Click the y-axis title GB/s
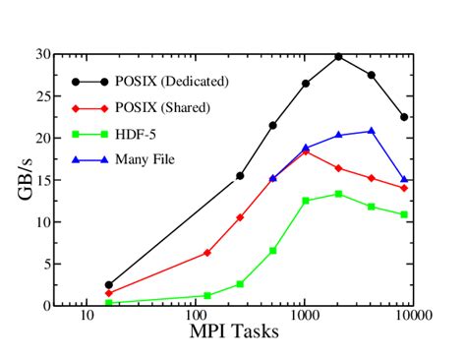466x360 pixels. [24, 179]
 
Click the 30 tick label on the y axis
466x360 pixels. [40, 55]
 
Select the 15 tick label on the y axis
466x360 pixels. [40, 180]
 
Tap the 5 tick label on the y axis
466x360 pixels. [44, 264]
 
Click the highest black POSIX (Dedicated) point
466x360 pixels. [338, 57]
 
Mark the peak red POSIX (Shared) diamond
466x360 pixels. [306, 151]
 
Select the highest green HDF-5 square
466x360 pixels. [338, 194]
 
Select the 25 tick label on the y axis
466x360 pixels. [40, 96]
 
